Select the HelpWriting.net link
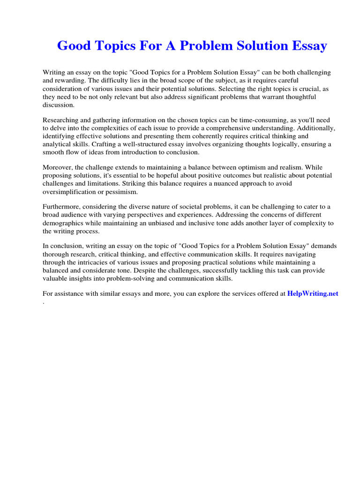tap(312, 294)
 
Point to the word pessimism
tap(138, 192)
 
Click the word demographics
tap(64, 224)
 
